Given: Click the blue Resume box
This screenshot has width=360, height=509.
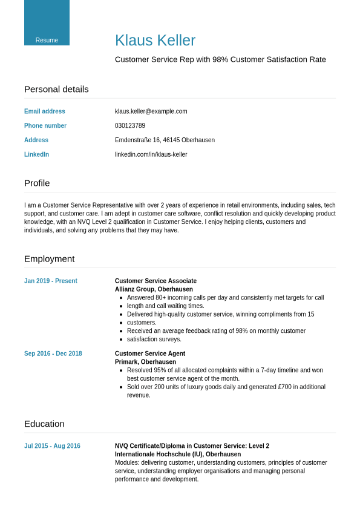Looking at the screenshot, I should point(47,23).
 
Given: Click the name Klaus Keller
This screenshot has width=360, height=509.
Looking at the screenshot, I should point(155,41).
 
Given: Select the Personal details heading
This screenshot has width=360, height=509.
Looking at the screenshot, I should point(56,89).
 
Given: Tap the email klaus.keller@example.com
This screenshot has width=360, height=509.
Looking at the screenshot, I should point(151,111).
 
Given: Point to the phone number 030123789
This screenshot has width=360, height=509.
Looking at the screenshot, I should point(130,126).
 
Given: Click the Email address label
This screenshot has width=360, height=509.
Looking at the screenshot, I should point(45,111).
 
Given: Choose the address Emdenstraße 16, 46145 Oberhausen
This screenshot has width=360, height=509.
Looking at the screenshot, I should point(165,140).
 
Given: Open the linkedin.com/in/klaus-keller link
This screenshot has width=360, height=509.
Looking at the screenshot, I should point(151,155).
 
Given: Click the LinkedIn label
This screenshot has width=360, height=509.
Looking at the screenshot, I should point(36,155).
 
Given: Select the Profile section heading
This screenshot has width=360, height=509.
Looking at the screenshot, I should point(37,183).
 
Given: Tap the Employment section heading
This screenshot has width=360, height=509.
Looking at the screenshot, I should point(49,258).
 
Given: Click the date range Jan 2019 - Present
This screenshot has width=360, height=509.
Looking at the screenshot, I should point(51,281).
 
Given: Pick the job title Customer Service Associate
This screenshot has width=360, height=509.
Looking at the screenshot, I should point(155,281).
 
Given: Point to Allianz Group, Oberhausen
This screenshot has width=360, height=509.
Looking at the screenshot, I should point(154,289).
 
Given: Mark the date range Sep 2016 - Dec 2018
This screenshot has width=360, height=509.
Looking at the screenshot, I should point(53,353).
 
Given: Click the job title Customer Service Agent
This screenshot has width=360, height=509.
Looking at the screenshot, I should point(150,353).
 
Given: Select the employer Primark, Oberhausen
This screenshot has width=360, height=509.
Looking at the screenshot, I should point(145,362).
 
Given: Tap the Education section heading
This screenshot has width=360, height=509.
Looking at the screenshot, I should point(44,424).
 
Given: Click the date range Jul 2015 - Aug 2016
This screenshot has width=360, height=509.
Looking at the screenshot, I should point(52,446).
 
